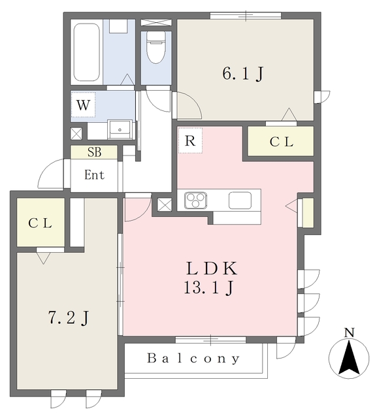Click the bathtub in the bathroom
[86, 52]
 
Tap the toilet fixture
[156, 48]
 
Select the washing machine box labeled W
[83, 104]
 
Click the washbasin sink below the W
[120, 129]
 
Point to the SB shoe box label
[94, 152]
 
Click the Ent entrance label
[94, 175]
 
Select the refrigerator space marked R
[190, 140]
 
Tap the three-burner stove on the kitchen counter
[196, 201]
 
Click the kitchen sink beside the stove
[240, 201]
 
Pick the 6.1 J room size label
[243, 74]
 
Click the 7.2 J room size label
[68, 318]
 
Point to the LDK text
[212, 268]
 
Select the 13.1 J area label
[209, 287]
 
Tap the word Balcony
[193, 359]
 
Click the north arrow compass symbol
[349, 358]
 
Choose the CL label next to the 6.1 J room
[282, 142]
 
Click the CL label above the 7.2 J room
[40, 223]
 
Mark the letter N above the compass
[350, 332]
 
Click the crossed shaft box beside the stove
[165, 205]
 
